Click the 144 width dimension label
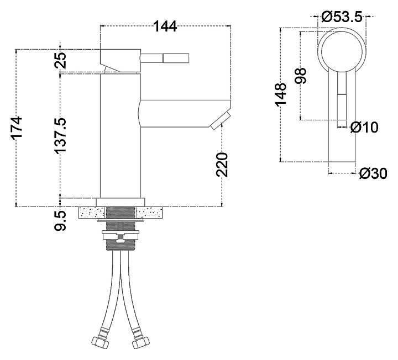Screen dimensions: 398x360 pos(165,26)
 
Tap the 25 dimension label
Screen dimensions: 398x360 pos(60,60)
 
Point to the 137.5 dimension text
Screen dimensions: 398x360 pos(60,135)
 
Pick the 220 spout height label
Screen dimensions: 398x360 pos(222,165)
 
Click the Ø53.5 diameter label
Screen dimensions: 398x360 pos(342,17)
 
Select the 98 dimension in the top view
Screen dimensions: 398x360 pos(301,76)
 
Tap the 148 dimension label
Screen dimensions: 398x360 pos(280,93)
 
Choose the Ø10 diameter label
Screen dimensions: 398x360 pos(364,127)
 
